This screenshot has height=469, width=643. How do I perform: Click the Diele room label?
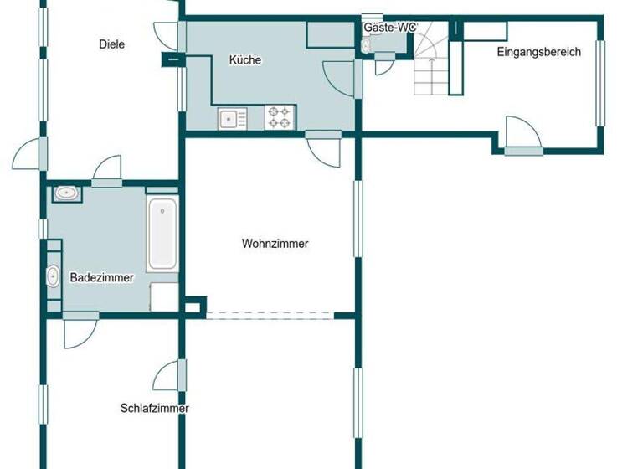click(x=111, y=44)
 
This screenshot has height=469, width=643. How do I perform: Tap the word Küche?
click(x=244, y=60)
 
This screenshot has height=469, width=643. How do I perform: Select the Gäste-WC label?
click(x=389, y=28)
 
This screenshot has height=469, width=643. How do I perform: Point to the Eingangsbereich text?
click(x=538, y=52)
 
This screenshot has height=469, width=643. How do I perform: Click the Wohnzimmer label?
click(x=275, y=245)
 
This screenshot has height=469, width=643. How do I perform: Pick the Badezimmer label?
click(x=101, y=278)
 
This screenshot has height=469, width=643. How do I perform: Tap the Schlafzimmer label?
click(x=154, y=409)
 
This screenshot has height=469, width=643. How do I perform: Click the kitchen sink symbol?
click(x=231, y=119)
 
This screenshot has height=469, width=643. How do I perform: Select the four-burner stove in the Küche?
click(x=280, y=117)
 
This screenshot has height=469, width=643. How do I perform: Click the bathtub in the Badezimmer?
click(x=162, y=234)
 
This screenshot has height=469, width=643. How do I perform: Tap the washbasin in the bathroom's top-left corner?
click(x=67, y=194)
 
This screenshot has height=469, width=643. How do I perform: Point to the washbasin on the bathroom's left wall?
click(x=53, y=275)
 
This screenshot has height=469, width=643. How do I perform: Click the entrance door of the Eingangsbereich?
click(x=523, y=138)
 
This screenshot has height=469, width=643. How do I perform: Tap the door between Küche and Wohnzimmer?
click(x=323, y=148)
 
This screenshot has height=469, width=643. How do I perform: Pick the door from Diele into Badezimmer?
click(x=107, y=171)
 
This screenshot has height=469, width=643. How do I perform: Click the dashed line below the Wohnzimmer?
click(x=270, y=316)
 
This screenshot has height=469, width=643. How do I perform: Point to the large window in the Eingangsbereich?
click(x=599, y=83)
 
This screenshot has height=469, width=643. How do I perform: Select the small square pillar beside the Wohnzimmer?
click(x=193, y=306)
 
